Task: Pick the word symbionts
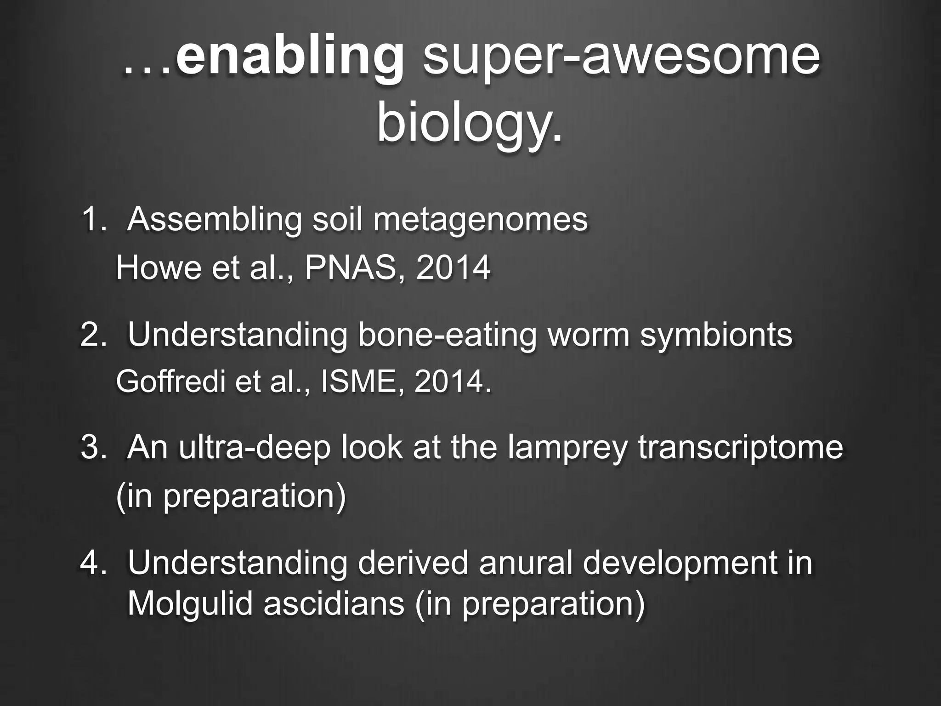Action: tap(716, 336)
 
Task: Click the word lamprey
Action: tap(567, 448)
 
